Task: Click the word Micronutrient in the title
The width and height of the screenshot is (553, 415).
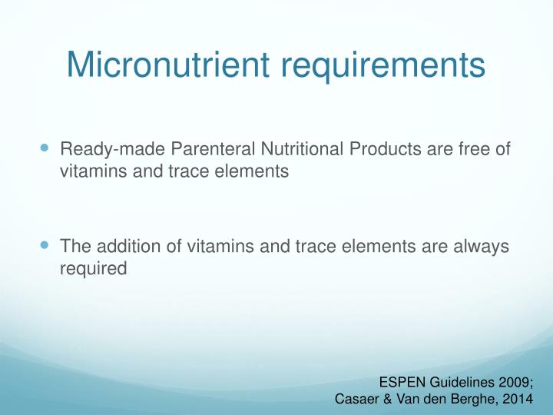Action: (x=167, y=65)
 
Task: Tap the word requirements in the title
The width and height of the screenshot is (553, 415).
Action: (x=381, y=65)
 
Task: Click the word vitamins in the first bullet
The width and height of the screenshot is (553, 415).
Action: (x=90, y=172)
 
